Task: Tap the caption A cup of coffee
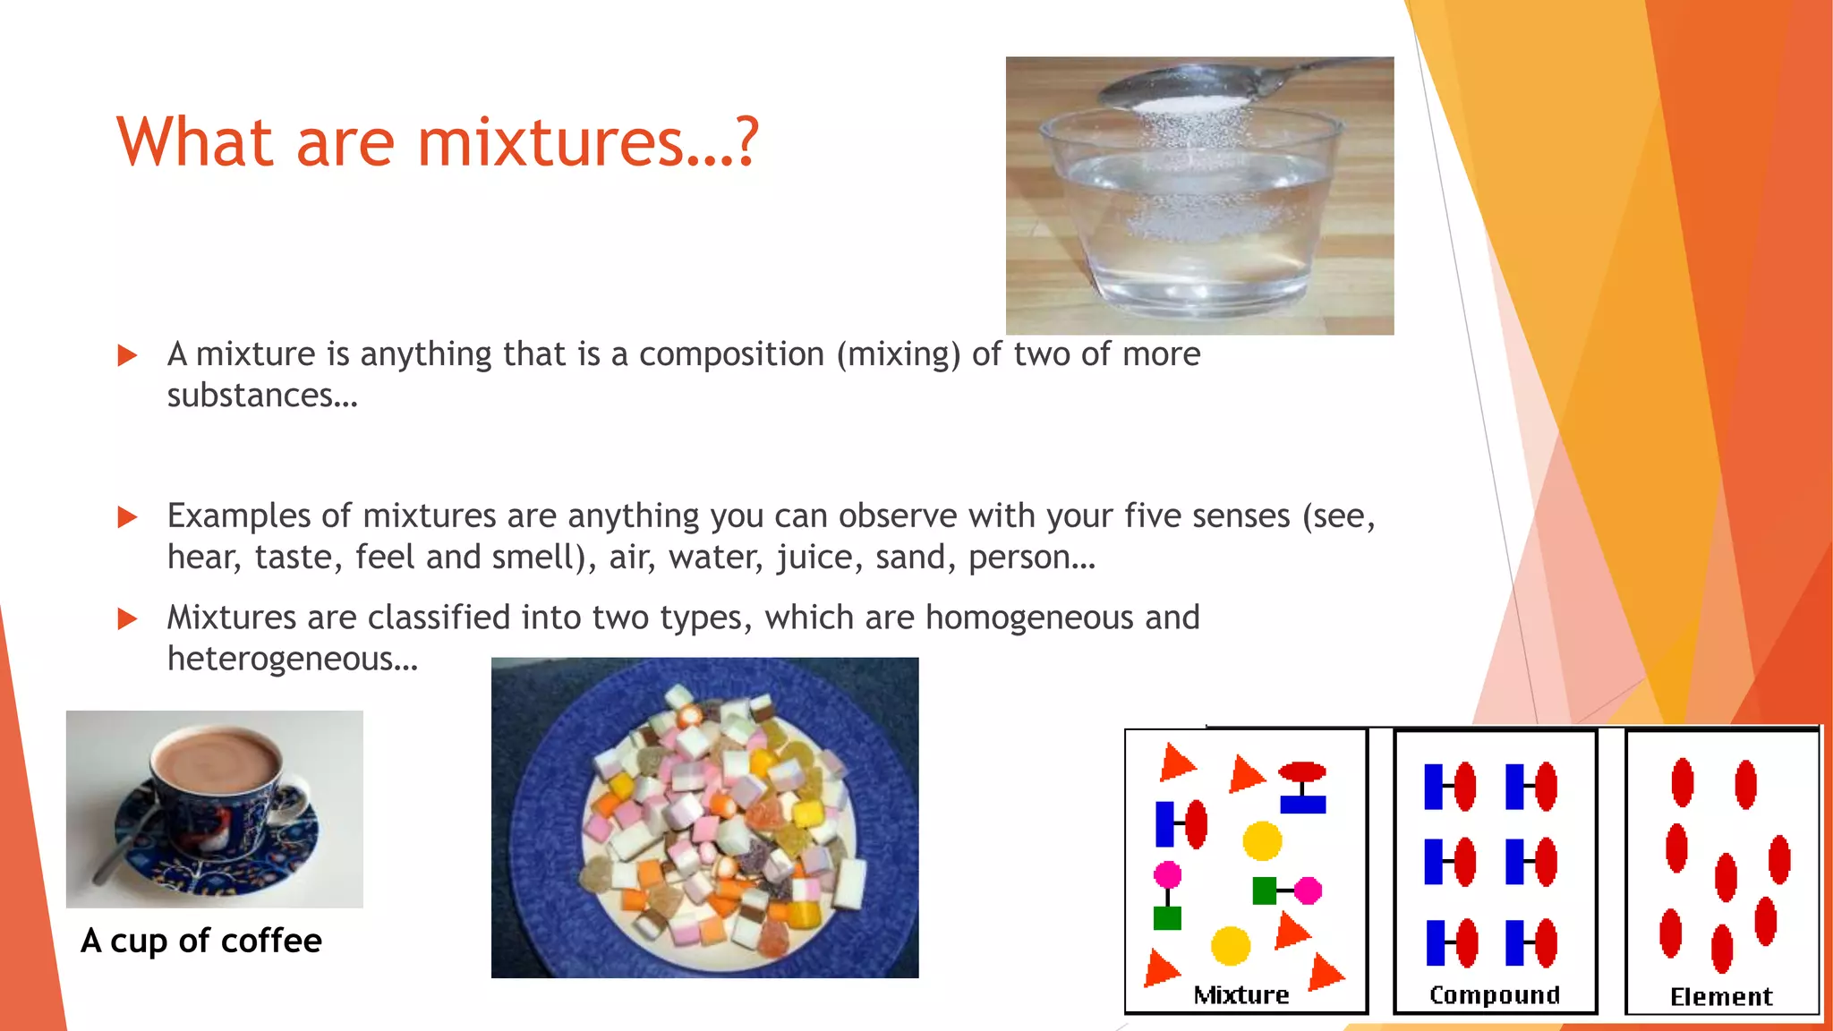[x=200, y=941]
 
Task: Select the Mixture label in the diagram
[x=1241, y=995]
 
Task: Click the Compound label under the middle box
[x=1495, y=995]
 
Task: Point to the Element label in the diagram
[x=1721, y=997]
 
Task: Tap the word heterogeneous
[x=292, y=660]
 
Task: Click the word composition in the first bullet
[x=731, y=354]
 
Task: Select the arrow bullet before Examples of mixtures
[x=128, y=517]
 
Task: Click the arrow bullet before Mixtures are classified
[x=128, y=619]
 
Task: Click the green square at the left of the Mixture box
[x=1167, y=918]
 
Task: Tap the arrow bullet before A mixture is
[x=128, y=356]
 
